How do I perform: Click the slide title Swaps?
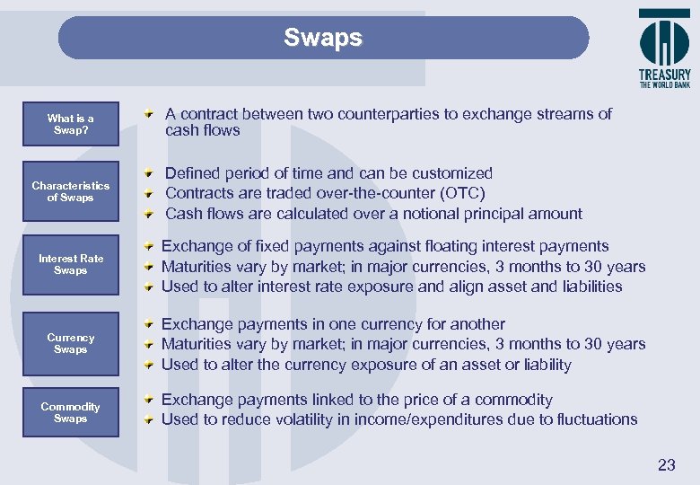[x=323, y=38]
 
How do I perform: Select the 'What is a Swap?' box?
[x=70, y=125]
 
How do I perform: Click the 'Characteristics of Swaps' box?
[x=70, y=191]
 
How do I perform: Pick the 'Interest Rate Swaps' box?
[x=70, y=264]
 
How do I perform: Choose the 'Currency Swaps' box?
[x=70, y=343]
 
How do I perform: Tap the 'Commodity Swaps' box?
[x=70, y=412]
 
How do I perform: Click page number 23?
[x=666, y=464]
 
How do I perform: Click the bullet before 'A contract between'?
[x=149, y=115]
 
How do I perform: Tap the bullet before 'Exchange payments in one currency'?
[x=149, y=325]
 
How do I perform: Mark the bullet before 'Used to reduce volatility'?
[x=149, y=420]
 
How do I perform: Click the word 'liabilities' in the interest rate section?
[x=589, y=287]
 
